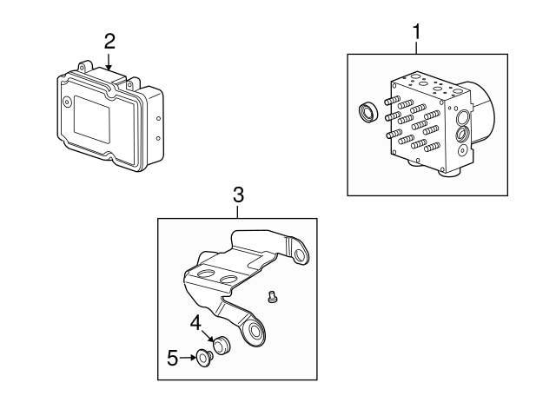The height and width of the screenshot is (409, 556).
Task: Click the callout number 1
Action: click(417, 31)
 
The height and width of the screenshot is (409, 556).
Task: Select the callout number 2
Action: click(109, 40)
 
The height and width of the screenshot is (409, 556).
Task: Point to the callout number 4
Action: click(196, 323)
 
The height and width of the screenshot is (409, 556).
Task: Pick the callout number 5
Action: click(172, 356)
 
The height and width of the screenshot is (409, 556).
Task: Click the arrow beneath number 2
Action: click(109, 62)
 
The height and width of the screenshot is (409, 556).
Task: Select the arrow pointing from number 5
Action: click(188, 356)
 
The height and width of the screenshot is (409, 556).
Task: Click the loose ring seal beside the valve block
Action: click(367, 115)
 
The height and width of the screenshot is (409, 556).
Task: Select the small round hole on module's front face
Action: click(66, 102)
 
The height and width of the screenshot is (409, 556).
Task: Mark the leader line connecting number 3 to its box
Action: click(238, 212)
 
